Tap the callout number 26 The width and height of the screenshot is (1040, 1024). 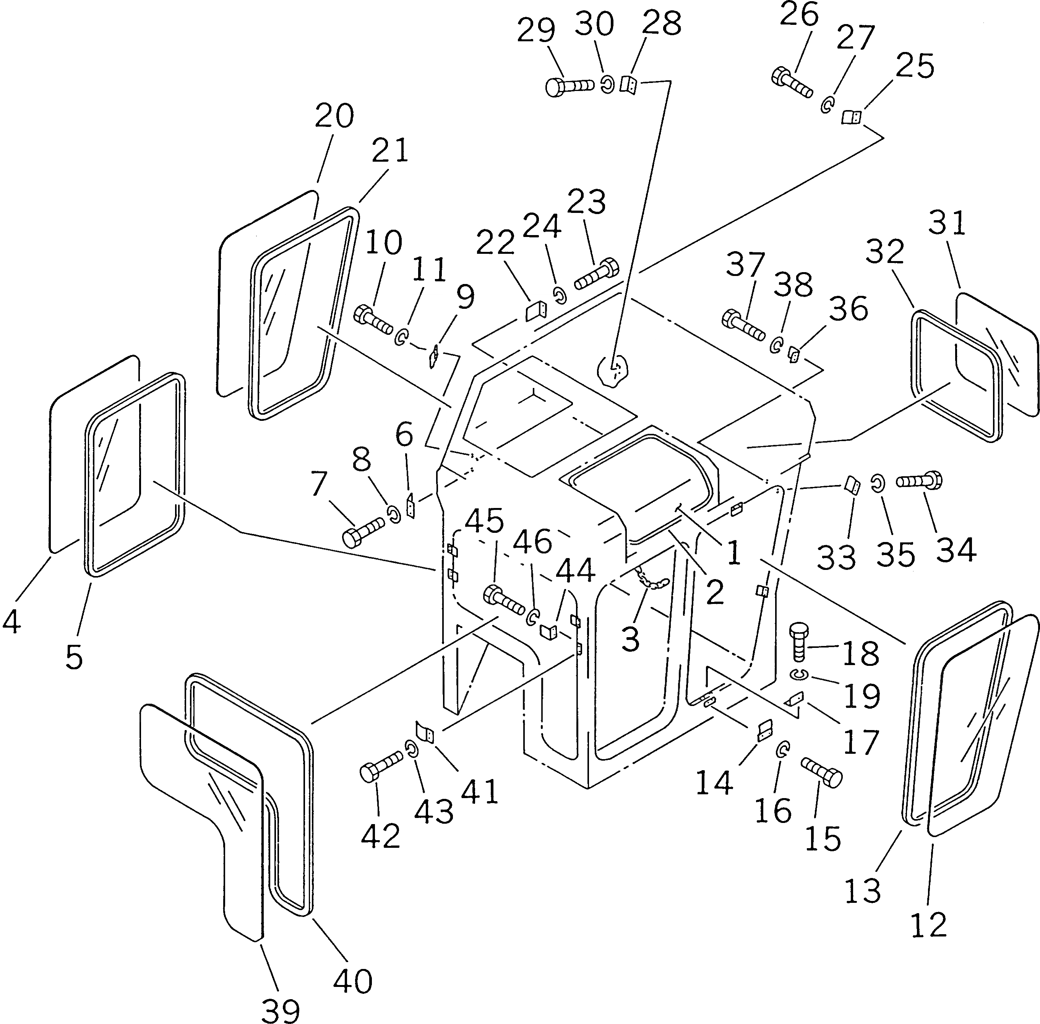click(x=799, y=15)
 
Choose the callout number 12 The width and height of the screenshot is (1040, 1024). click(x=929, y=925)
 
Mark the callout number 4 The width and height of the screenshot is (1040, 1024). click(x=12, y=622)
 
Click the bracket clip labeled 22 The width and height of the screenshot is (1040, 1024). click(x=535, y=311)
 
